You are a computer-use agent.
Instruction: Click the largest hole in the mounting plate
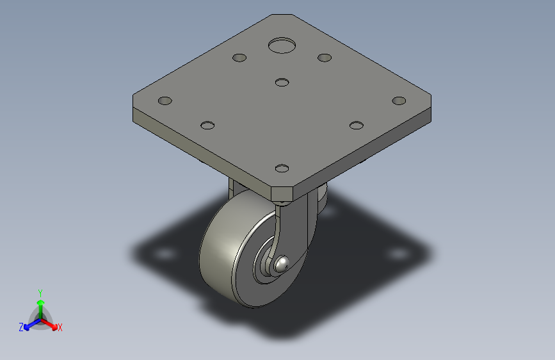coord(282,45)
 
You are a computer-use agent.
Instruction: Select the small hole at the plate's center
coord(282,82)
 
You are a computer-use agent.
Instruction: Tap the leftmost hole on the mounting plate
coord(165,101)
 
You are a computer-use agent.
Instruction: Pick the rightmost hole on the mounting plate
coord(399,101)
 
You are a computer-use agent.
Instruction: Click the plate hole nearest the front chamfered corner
coord(282,169)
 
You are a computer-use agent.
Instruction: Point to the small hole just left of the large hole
coord(239,58)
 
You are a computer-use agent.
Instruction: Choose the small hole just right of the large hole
coord(325,58)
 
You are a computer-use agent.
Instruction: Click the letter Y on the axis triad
coord(40,291)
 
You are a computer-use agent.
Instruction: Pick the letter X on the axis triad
coord(60,328)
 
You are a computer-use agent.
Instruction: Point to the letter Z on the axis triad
coord(21,327)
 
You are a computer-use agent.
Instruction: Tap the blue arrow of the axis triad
coord(29,324)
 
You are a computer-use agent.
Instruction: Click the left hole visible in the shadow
coord(165,255)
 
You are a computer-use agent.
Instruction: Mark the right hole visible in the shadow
coord(398,254)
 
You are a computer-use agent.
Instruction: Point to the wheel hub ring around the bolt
coord(264,269)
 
